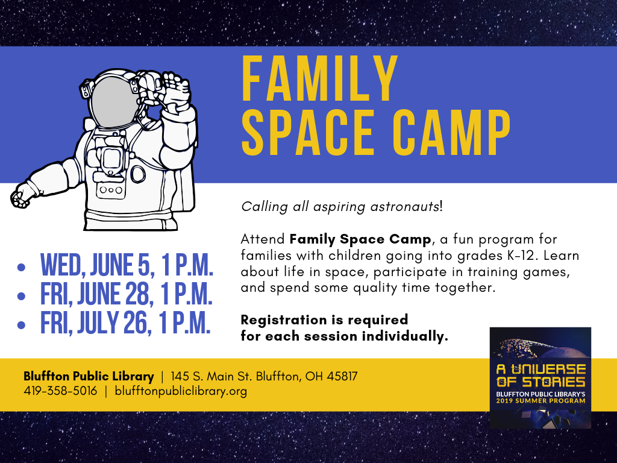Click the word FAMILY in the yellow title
click(x=319, y=78)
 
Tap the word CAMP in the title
click(x=451, y=133)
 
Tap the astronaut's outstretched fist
click(x=21, y=196)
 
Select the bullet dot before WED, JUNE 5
click(x=21, y=267)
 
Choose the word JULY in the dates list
click(x=98, y=323)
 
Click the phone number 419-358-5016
click(x=60, y=391)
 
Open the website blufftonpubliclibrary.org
click(x=181, y=391)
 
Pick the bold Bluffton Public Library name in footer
click(x=89, y=376)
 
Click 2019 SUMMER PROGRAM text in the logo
click(x=540, y=401)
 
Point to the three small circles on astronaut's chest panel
click(x=111, y=190)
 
